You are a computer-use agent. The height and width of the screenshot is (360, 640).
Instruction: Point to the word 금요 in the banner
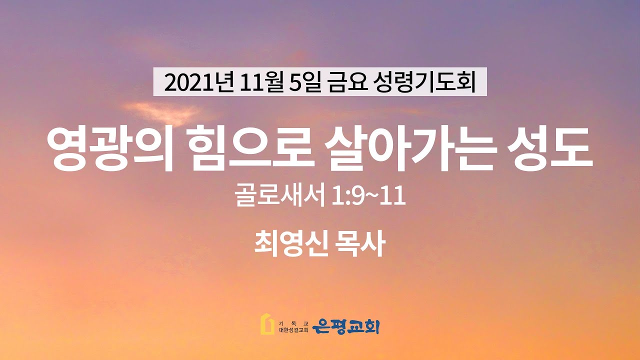347,82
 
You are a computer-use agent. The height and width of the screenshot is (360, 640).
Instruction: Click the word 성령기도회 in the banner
424,82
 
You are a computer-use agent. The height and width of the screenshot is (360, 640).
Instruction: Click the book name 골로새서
280,195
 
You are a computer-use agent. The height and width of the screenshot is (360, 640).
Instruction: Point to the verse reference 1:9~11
368,196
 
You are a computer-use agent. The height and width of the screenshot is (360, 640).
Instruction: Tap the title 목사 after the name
361,243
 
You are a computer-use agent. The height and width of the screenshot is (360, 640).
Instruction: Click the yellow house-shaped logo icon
267,324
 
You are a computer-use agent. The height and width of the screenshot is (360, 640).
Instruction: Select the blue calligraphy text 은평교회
345,326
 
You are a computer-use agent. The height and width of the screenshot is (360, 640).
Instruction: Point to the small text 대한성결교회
293,330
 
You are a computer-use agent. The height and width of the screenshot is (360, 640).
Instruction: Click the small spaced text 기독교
293,323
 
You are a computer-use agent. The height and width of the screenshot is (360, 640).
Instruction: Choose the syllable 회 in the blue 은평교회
371,326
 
